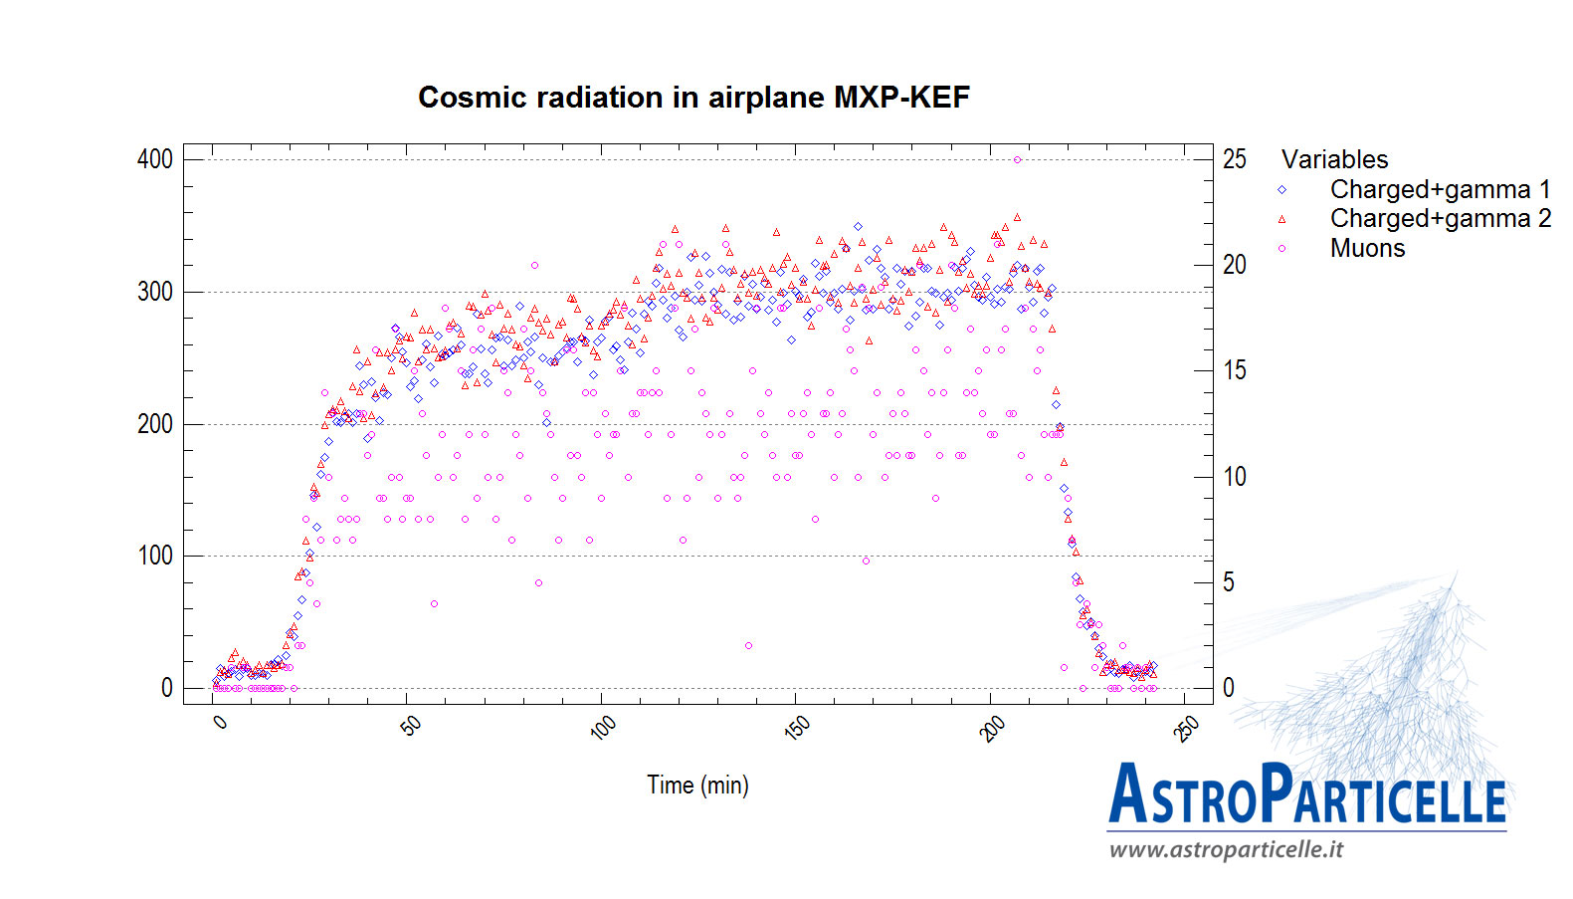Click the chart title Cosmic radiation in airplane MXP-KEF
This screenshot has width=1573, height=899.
coord(693,98)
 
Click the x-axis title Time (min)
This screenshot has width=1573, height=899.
coord(697,786)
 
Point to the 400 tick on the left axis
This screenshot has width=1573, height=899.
coord(155,159)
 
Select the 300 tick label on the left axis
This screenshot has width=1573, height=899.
coord(155,292)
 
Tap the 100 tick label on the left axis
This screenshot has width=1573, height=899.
coord(155,556)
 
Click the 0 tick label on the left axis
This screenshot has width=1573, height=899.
coord(167,688)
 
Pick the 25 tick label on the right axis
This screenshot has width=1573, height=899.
coord(1235,159)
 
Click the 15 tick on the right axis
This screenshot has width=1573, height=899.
coord(1235,370)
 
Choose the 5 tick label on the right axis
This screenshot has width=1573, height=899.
coord(1229,582)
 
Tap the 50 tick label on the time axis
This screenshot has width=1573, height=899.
coord(410,726)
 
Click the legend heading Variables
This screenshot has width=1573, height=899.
coord(1334,159)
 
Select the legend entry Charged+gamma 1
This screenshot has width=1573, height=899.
coord(1440,189)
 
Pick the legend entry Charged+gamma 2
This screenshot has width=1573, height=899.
coord(1440,218)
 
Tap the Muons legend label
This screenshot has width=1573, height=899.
coord(1367,248)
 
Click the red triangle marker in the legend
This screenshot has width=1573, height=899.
coord(1281,219)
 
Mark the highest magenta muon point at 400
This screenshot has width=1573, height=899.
coord(1017,159)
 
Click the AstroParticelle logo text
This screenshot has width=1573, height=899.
coord(1306,794)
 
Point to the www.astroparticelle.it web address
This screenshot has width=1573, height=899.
coord(1226,849)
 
